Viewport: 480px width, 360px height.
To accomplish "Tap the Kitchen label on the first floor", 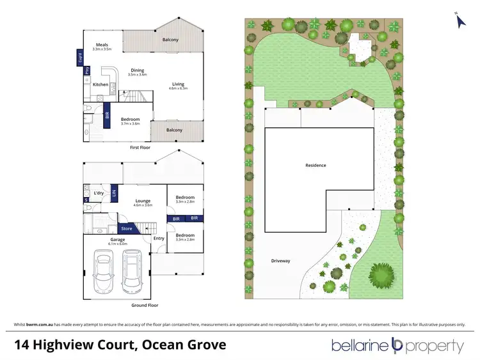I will (x=100, y=84).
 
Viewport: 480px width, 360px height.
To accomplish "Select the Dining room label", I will (x=138, y=72).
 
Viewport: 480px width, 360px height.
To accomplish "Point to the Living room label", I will (x=177, y=84).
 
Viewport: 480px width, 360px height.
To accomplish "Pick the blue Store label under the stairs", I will (x=127, y=228).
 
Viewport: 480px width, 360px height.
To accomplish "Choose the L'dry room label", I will (x=99, y=193).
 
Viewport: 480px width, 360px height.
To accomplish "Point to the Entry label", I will (x=159, y=239).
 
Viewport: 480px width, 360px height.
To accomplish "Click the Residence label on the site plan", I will (x=316, y=166).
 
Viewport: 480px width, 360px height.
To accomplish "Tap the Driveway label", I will (x=280, y=261).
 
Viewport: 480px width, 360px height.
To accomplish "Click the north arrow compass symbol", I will (x=459, y=20).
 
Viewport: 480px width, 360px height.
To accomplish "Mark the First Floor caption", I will (x=140, y=147).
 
